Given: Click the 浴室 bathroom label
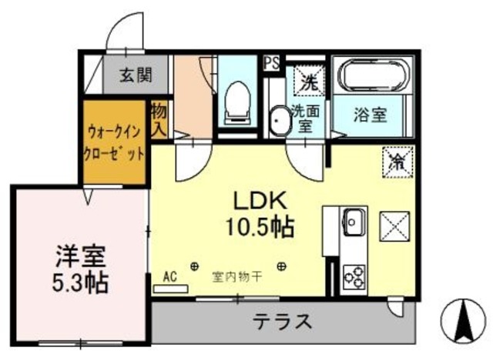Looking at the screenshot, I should (371, 115).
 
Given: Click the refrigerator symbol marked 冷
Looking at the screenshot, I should (397, 162).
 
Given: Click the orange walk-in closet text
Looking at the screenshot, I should (114, 142).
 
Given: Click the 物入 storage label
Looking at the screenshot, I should (159, 120).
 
